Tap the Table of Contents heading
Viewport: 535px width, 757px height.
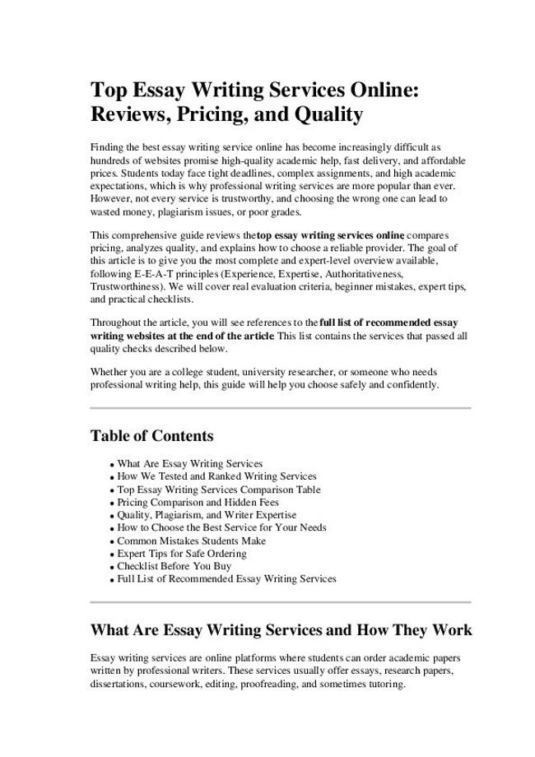151,435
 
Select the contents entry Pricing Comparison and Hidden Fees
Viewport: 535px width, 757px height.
198,502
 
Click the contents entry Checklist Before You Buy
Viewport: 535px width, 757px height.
174,566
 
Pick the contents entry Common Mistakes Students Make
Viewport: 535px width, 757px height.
192,541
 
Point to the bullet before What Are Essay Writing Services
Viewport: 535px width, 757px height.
110,465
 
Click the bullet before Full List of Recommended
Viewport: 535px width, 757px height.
110,580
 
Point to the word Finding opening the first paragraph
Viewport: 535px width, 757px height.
108,145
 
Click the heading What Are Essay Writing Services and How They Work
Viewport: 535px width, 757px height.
280,630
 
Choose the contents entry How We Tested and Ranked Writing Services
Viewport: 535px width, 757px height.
216,476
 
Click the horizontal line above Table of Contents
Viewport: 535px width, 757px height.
280,407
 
